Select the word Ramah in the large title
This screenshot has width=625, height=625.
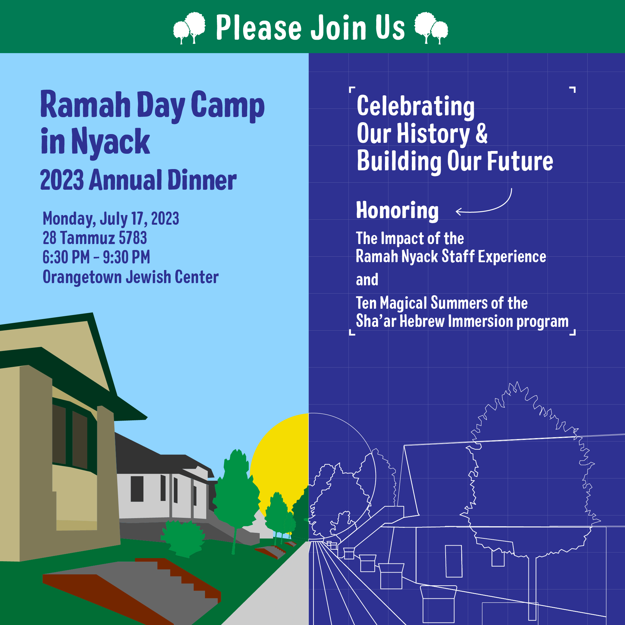click(x=85, y=105)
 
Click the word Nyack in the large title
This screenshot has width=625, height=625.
click(x=110, y=142)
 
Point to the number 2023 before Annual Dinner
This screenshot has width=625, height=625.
click(x=62, y=180)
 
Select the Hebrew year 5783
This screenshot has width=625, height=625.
click(x=132, y=238)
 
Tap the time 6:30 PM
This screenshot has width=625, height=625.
click(x=66, y=257)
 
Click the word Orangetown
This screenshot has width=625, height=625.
click(x=82, y=277)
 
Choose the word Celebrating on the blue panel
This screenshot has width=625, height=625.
click(x=415, y=107)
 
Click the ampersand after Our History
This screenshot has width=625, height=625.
click(x=481, y=133)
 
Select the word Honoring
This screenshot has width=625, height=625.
click(x=397, y=211)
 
